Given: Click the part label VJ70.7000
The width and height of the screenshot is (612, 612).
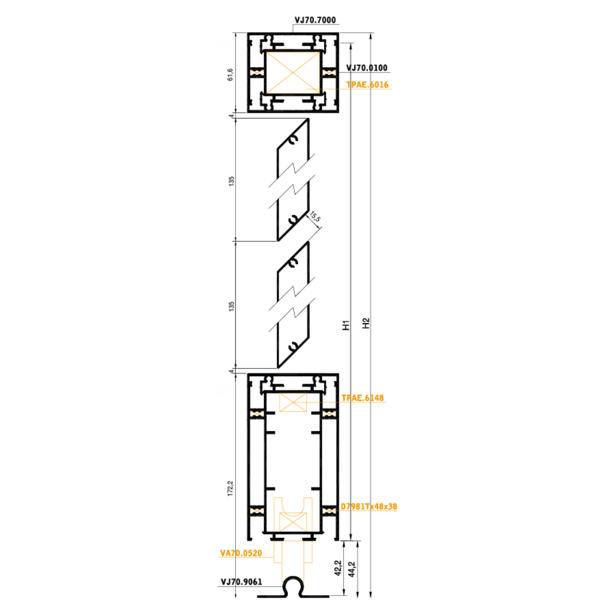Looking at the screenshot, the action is click(315, 20).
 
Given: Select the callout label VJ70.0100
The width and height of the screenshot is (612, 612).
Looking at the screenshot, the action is click(367, 68).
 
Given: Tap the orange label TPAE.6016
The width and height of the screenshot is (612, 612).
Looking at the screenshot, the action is click(367, 84).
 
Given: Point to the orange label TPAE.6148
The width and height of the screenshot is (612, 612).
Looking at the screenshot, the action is click(363, 398).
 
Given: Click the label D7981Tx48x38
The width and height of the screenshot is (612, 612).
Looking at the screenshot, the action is click(369, 507).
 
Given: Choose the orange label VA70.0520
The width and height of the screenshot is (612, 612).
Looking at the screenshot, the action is click(241, 553).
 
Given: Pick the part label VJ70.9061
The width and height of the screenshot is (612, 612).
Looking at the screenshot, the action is click(241, 582).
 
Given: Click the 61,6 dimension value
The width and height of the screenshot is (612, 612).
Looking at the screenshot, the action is click(230, 75).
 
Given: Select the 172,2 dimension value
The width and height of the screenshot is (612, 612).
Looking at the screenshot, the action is click(230, 488).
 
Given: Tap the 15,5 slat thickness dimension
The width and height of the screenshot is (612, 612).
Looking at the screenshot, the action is click(315, 217).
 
